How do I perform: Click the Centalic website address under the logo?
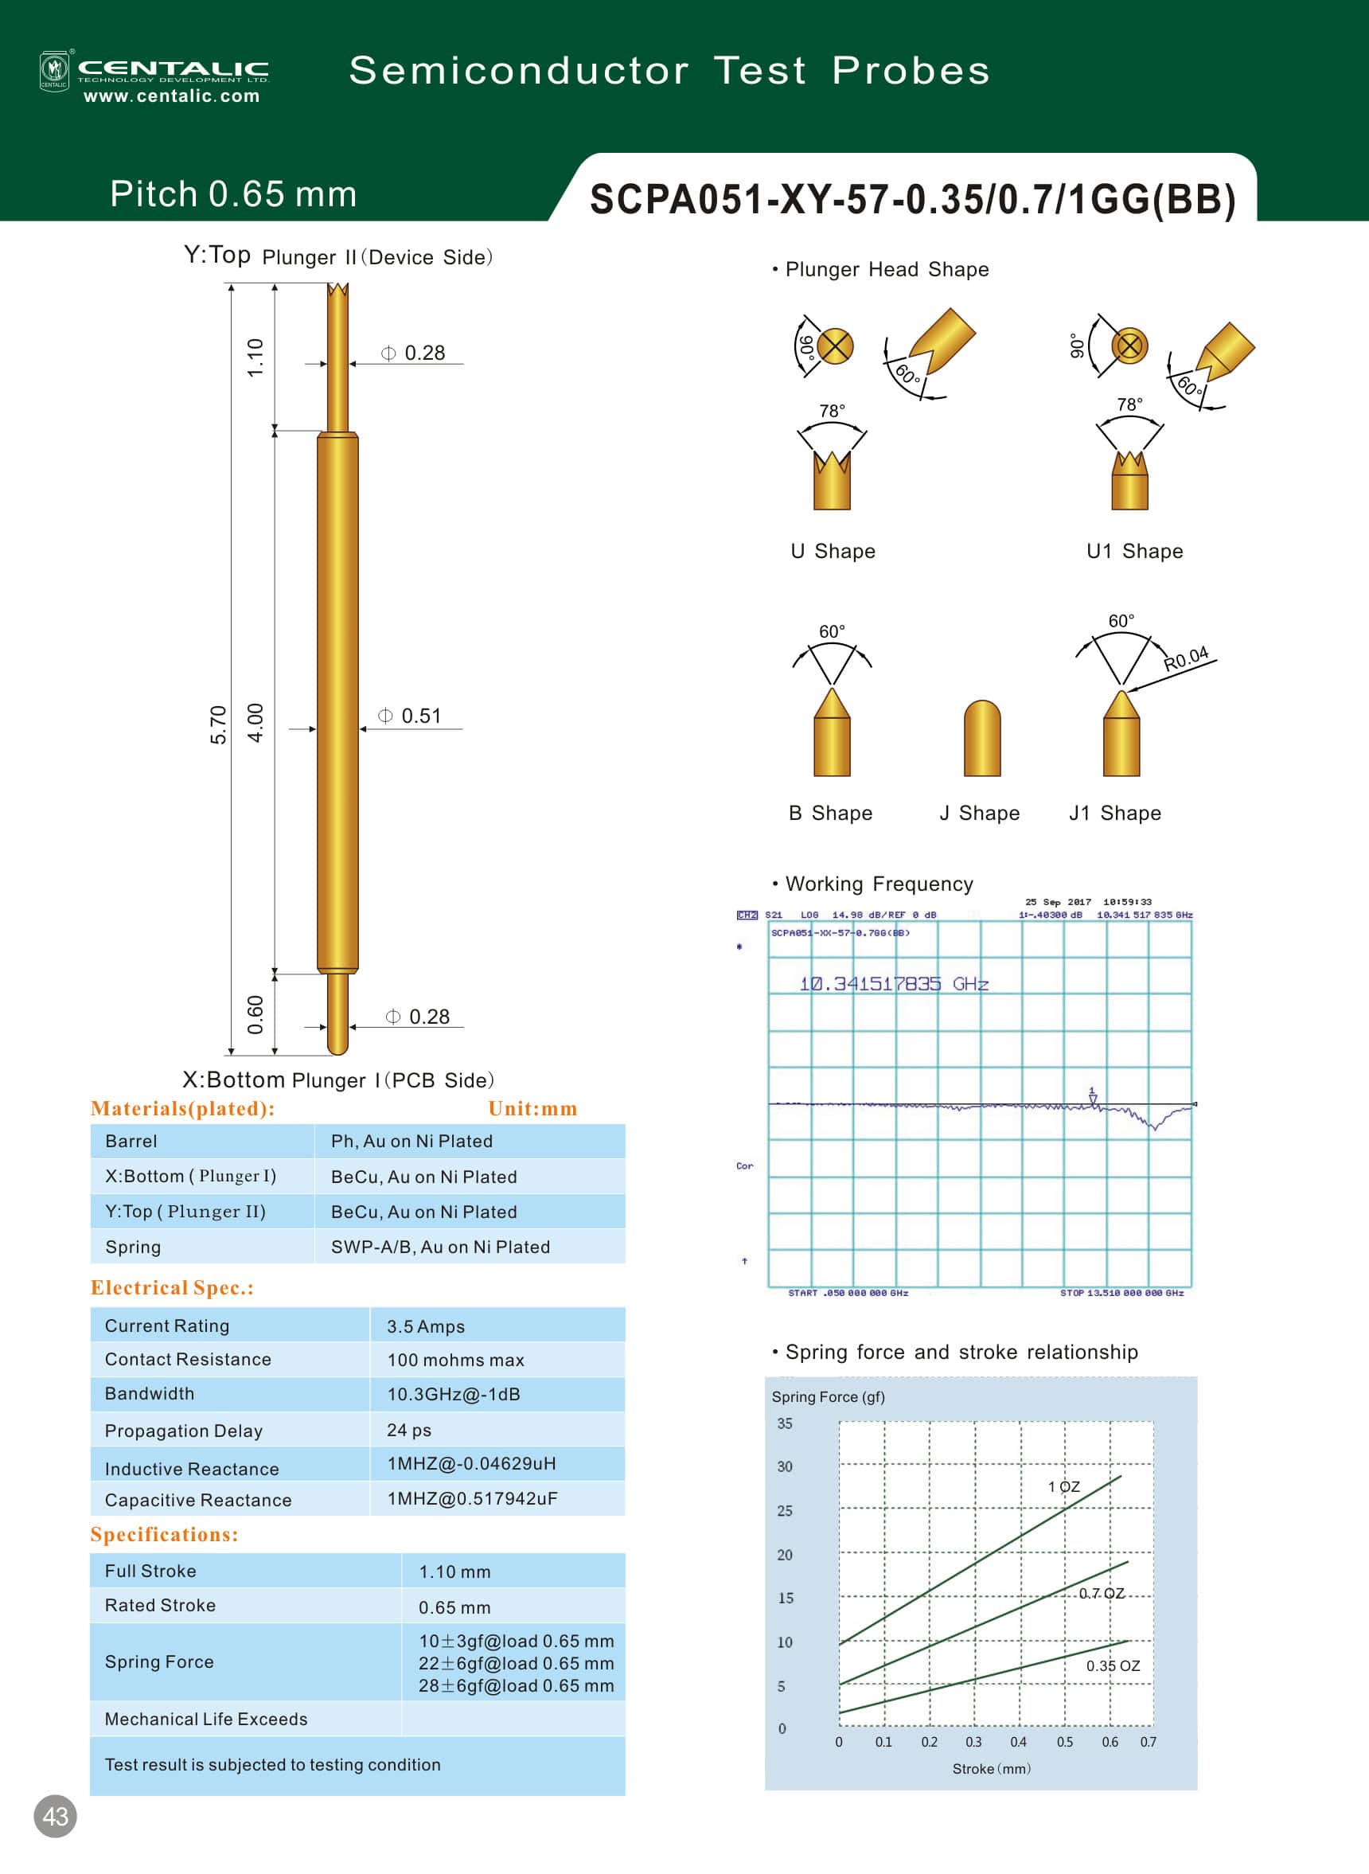click(x=172, y=96)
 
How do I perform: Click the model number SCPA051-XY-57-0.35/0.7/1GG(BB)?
click(x=912, y=200)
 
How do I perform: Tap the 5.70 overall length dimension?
click(x=218, y=724)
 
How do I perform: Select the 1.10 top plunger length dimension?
click(x=255, y=357)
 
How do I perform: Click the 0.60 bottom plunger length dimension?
click(x=255, y=1014)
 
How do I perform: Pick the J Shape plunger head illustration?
click(x=982, y=739)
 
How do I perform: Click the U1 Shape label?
click(x=1134, y=552)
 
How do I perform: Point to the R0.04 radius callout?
click(x=1186, y=659)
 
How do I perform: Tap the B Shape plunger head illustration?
click(x=832, y=733)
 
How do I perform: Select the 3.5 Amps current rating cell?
click(x=426, y=1327)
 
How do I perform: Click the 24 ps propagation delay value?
click(x=409, y=1431)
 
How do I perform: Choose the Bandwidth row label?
click(x=150, y=1394)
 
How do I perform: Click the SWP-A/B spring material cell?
click(x=440, y=1247)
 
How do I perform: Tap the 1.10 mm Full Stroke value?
click(x=454, y=1572)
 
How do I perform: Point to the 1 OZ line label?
click(x=1064, y=1487)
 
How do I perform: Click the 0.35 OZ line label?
click(x=1113, y=1666)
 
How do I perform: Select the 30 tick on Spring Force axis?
click(x=784, y=1467)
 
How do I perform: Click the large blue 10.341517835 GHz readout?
click(x=893, y=984)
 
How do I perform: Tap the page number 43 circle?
click(x=56, y=1817)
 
